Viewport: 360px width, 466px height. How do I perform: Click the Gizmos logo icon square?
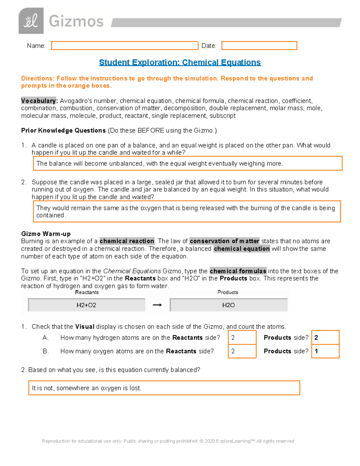tap(31, 21)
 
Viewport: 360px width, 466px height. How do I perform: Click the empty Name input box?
tap(124, 46)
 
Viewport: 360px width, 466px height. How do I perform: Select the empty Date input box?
tap(259, 46)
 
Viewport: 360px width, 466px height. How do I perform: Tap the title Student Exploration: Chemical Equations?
tap(180, 62)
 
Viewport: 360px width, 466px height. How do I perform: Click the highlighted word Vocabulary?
tap(38, 101)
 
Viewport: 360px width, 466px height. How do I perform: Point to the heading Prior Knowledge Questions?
tap(63, 131)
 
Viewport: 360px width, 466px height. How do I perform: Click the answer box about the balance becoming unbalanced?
tap(187, 164)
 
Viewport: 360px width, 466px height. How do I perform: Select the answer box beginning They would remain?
tap(187, 211)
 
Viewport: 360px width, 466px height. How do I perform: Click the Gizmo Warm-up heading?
tap(46, 234)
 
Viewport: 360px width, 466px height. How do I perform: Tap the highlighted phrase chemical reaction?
tap(127, 241)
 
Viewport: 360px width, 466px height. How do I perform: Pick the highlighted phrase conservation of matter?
tap(224, 241)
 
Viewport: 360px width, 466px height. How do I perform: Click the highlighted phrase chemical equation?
tap(241, 249)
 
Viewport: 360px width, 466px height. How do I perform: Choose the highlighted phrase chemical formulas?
tap(238, 271)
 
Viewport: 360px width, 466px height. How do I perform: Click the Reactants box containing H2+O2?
tap(86, 305)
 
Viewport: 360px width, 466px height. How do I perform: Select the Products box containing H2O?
tap(229, 305)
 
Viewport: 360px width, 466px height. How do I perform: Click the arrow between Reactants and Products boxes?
tap(157, 305)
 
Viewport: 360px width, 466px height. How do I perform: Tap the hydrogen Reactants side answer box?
tap(242, 338)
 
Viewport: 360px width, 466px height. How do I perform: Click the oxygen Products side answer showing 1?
tap(325, 351)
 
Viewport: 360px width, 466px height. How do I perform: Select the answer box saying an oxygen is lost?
tap(164, 388)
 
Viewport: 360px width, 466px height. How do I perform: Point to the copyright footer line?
tap(168, 441)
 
